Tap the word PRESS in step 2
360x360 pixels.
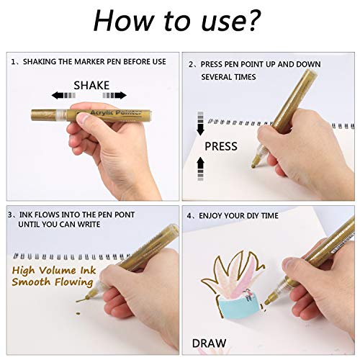[220, 145]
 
